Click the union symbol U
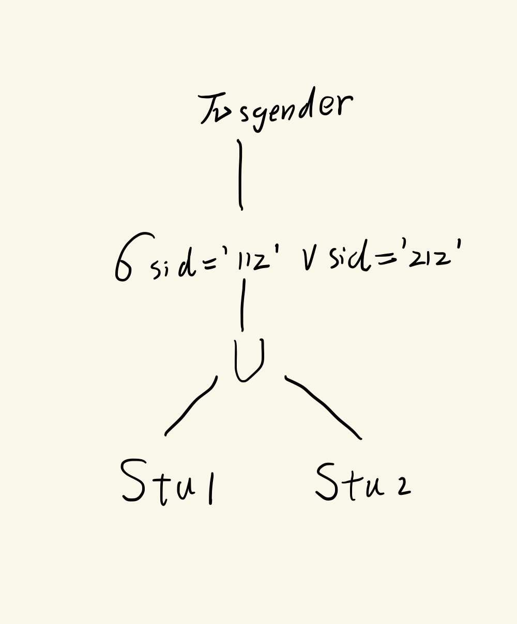(x=249, y=360)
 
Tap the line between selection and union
(x=242, y=305)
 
